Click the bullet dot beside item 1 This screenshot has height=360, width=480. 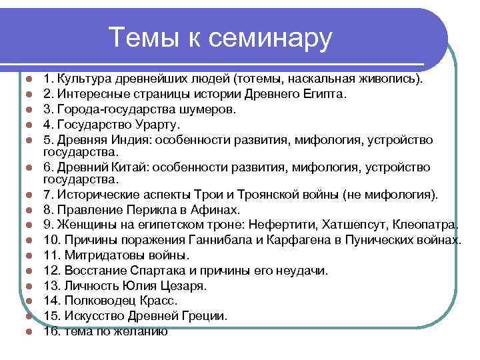pyautogui.click(x=29, y=80)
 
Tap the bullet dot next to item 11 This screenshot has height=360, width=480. pyautogui.click(x=29, y=255)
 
